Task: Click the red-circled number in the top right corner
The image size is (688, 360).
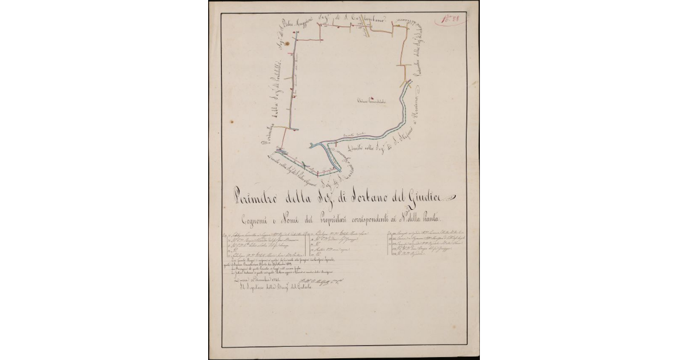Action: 450,20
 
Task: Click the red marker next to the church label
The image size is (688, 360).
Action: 372,97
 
